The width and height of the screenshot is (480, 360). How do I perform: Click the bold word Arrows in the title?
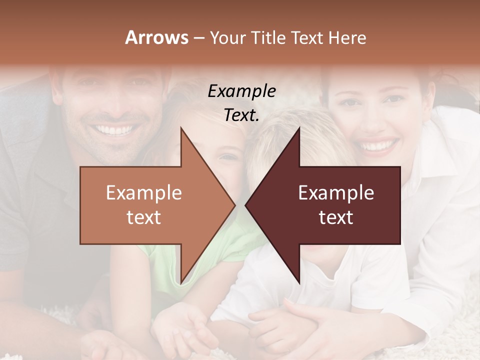point(156,37)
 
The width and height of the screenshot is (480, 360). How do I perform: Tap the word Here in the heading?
point(347,38)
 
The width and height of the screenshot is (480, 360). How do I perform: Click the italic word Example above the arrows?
point(241,91)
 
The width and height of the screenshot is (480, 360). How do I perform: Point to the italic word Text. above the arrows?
point(241,115)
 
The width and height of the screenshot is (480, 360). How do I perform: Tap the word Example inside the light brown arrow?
point(144,193)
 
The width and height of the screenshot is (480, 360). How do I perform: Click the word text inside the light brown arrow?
point(144,217)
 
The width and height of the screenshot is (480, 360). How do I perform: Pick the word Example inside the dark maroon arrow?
point(336,193)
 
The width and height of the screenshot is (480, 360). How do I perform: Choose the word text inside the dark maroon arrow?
point(336,217)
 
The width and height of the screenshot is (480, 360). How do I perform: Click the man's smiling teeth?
point(115,130)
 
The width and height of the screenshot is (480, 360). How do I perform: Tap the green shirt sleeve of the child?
point(150,260)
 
